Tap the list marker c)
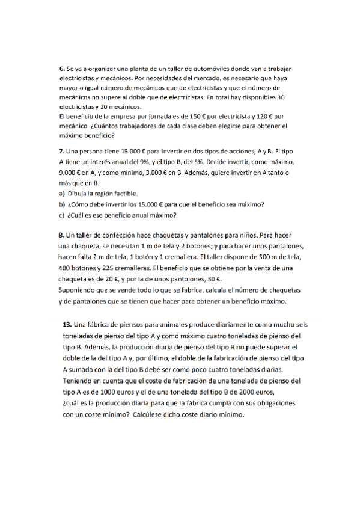[x=61, y=215]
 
